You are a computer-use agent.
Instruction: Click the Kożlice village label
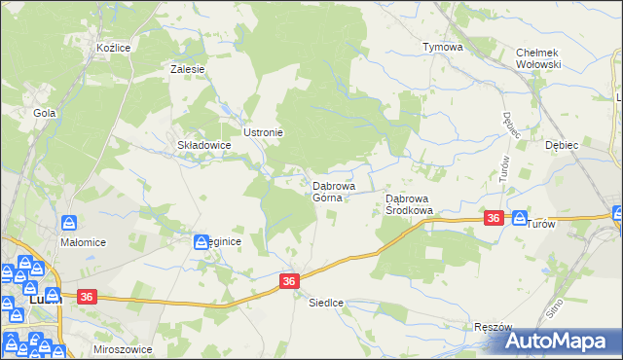(x=99, y=47)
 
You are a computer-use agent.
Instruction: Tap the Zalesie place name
(x=187, y=69)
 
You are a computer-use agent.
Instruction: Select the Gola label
(x=44, y=113)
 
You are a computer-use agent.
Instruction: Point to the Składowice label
(x=203, y=145)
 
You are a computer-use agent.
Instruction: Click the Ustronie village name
(x=263, y=132)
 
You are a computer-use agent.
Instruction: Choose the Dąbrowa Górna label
(x=333, y=191)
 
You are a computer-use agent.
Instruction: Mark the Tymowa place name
(x=441, y=47)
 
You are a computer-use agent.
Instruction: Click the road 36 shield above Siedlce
(x=289, y=280)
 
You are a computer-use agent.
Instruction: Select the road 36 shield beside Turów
(x=494, y=219)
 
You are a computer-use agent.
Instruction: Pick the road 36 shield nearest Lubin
(x=85, y=297)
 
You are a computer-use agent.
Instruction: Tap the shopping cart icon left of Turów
(x=518, y=219)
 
